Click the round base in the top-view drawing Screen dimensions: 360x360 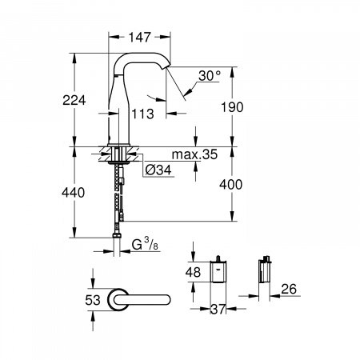coord(121,298)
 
